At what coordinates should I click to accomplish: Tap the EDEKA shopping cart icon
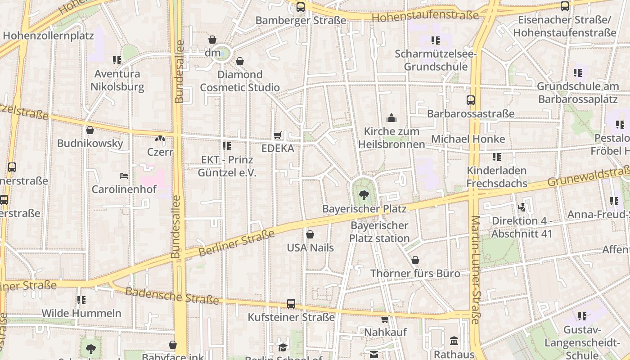pyautogui.click(x=278, y=135)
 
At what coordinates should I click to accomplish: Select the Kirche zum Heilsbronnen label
pyautogui.click(x=391, y=138)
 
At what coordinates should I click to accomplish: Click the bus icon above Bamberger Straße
pyautogui.click(x=301, y=7)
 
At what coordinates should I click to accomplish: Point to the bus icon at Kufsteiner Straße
pyautogui.click(x=291, y=304)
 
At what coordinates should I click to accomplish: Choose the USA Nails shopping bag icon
pyautogui.click(x=310, y=234)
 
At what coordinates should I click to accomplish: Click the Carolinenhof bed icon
pyautogui.click(x=124, y=175)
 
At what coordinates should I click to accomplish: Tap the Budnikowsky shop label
pyautogui.click(x=90, y=144)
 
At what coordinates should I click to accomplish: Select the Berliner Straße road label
pyautogui.click(x=236, y=243)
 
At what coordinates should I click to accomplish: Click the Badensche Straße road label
pyautogui.click(x=172, y=296)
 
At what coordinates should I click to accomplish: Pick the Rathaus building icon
pyautogui.click(x=454, y=341)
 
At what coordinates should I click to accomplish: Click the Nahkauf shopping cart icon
pyautogui.click(x=385, y=319)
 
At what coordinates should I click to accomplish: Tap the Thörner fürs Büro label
pyautogui.click(x=415, y=273)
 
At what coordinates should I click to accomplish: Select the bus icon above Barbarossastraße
pyautogui.click(x=471, y=100)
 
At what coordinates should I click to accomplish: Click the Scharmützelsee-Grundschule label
pyautogui.click(x=436, y=60)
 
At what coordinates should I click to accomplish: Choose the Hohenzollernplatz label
pyautogui.click(x=48, y=36)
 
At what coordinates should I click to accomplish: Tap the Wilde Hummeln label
pyautogui.click(x=81, y=313)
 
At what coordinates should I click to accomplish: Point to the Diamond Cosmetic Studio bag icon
pyautogui.click(x=240, y=61)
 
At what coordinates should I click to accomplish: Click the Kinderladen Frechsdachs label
pyautogui.click(x=497, y=177)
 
